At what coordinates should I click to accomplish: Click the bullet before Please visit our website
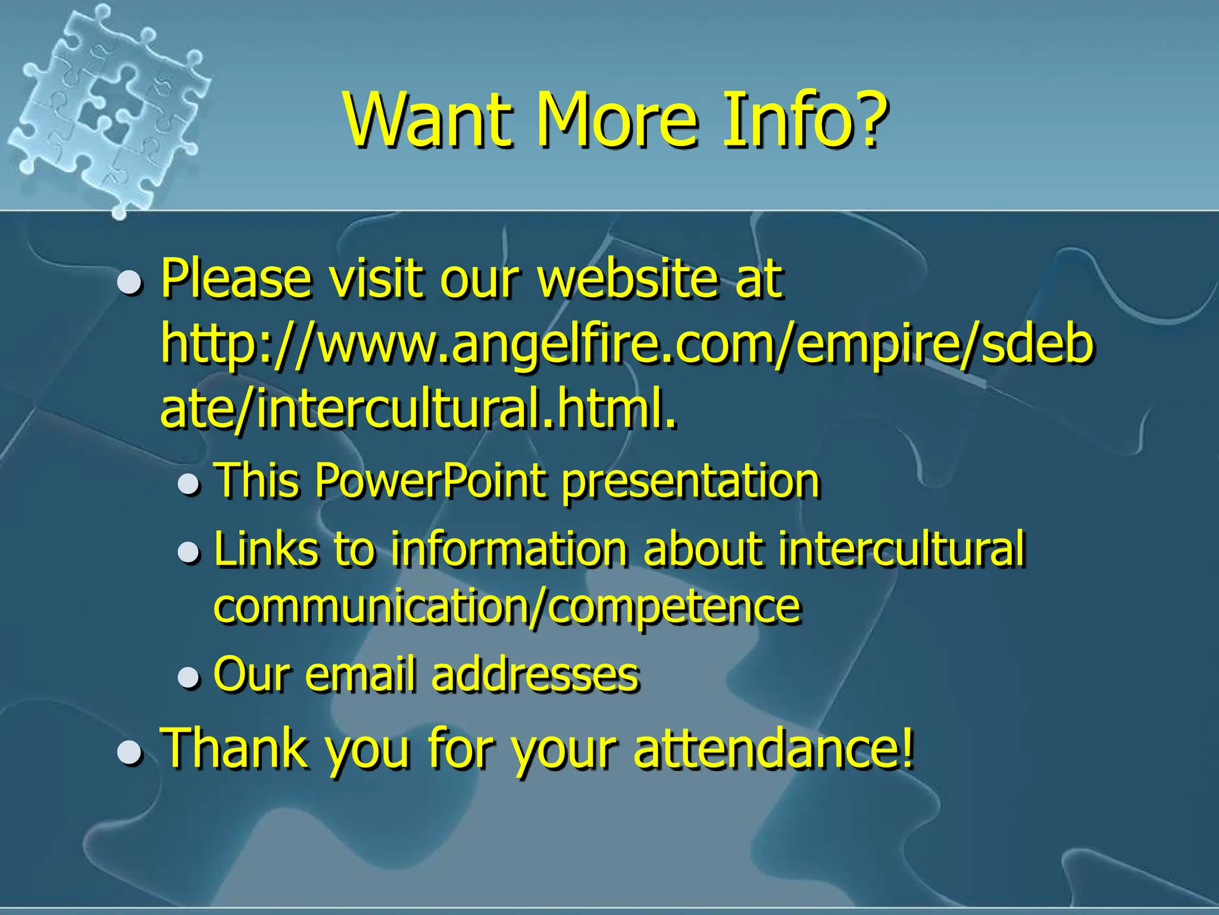click(x=129, y=282)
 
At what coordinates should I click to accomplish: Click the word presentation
click(x=690, y=481)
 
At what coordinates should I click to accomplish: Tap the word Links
click(x=265, y=548)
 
